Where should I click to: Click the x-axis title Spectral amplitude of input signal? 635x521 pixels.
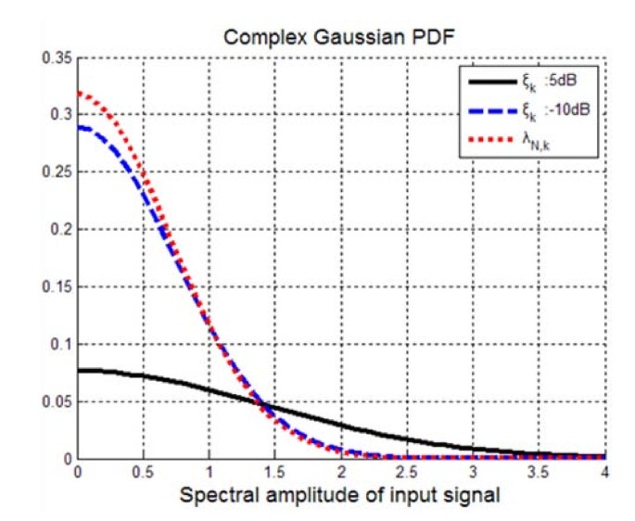(x=341, y=495)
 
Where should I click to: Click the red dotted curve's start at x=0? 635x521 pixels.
(x=78, y=93)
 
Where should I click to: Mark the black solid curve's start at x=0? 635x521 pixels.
(x=78, y=370)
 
